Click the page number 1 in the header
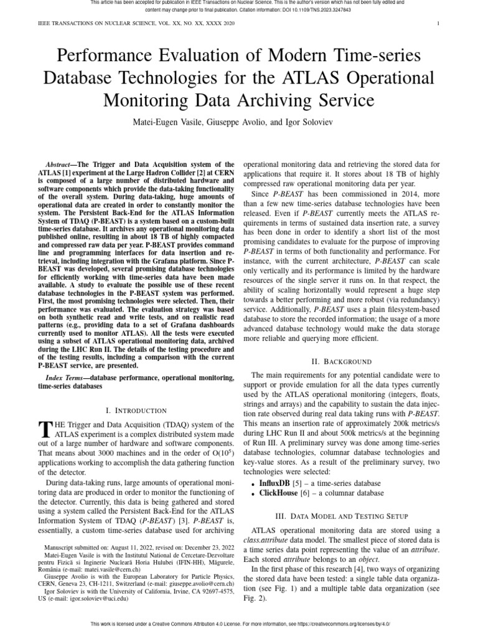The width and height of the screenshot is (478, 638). pos(439,24)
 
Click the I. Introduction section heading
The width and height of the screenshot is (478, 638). pos(136,411)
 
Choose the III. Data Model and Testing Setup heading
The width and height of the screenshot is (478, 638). pos(341,516)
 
